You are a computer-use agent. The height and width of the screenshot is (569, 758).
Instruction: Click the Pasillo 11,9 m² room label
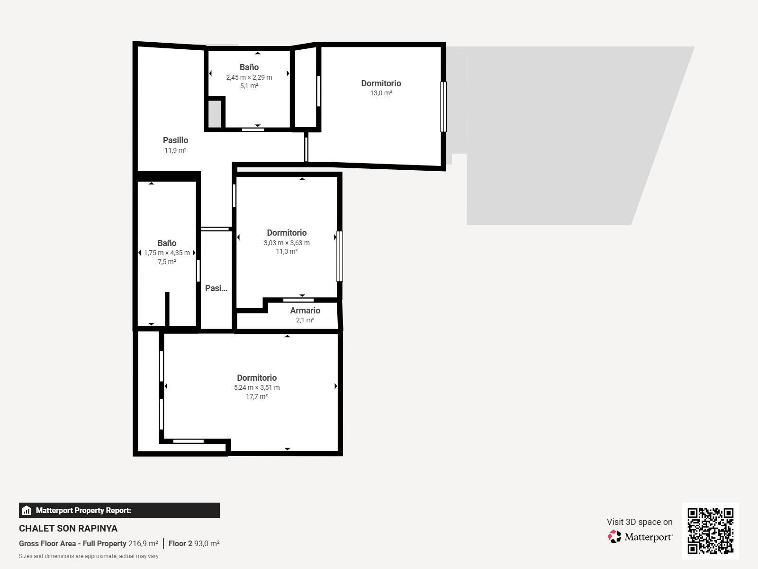(x=175, y=145)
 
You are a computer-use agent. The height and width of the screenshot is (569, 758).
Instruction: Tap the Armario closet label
(x=305, y=311)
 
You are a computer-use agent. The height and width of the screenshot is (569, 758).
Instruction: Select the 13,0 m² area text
(x=381, y=93)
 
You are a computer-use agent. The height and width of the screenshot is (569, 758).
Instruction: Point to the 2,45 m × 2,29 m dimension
(x=249, y=77)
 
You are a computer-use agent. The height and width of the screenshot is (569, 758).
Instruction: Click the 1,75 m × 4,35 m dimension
(x=167, y=253)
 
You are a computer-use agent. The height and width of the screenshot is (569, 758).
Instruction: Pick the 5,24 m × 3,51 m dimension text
(x=257, y=387)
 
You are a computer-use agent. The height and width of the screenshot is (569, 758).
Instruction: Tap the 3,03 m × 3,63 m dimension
(x=287, y=243)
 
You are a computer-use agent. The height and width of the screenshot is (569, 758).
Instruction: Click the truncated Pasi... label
(x=216, y=288)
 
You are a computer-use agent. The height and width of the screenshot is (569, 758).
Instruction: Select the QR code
(x=710, y=531)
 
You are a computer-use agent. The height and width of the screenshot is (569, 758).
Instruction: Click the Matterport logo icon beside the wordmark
(x=614, y=537)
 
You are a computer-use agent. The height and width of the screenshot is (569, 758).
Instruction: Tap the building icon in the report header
(x=27, y=510)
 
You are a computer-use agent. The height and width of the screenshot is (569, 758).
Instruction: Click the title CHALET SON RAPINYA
(x=68, y=528)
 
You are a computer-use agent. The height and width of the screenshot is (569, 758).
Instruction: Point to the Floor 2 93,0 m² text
(x=194, y=543)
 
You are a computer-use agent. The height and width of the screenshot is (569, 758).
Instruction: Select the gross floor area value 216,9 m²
(x=143, y=543)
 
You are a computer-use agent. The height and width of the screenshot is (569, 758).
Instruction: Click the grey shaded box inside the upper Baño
(x=215, y=114)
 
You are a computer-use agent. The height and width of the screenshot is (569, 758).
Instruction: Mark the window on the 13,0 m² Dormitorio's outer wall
(x=443, y=107)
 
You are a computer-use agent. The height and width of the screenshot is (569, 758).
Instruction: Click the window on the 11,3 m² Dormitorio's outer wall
(x=340, y=257)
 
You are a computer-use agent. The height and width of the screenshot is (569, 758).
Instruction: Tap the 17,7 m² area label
(x=257, y=396)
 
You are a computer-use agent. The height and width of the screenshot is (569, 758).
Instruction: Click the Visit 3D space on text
(x=640, y=522)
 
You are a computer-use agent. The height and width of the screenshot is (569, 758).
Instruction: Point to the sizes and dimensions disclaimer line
(x=89, y=556)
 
